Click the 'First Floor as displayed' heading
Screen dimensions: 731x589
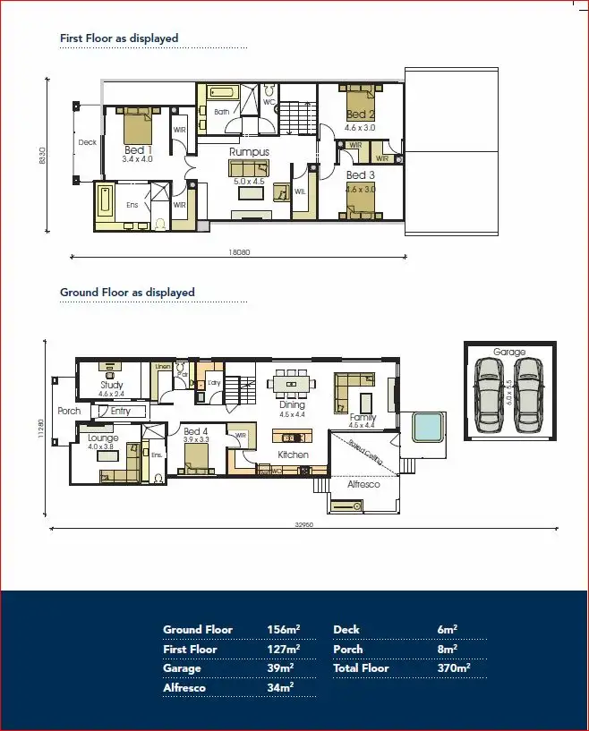pos(119,38)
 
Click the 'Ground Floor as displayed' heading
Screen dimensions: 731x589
pos(127,293)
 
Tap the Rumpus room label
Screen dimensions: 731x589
pos(249,152)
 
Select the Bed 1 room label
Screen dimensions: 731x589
pos(138,149)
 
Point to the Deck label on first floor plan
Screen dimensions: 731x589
pos(87,142)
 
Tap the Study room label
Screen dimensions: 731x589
pos(112,386)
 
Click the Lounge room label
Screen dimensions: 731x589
pos(104,438)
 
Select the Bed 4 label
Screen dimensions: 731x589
pos(196,431)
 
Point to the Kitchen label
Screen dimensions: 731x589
pos(293,455)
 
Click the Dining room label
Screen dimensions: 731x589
pos(292,405)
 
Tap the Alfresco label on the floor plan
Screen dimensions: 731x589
pos(363,484)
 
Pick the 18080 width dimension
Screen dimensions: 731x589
pos(239,252)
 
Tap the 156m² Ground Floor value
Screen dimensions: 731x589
pos(283,629)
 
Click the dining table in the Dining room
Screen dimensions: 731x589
pos(293,385)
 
